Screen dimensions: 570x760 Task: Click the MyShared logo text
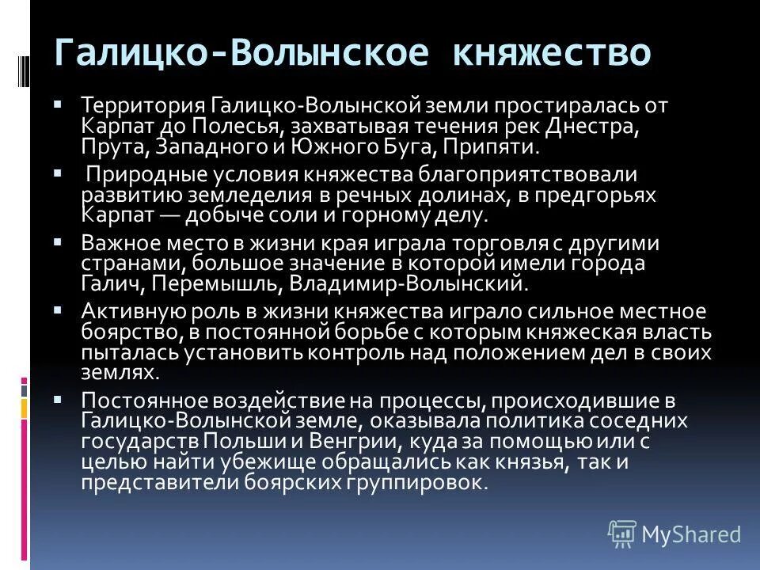[690, 534]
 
